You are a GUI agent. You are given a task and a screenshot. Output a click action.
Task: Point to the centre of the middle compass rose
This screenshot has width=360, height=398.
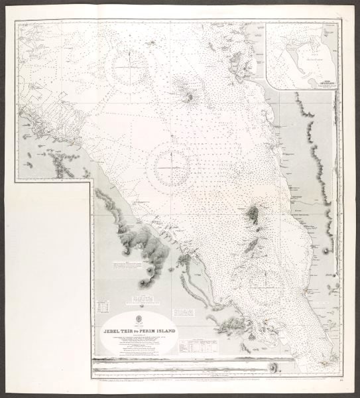[172, 167]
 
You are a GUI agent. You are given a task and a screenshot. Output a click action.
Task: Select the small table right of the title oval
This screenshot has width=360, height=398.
[198, 346]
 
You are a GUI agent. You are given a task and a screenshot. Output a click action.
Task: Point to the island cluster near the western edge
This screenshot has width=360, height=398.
[63, 166]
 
